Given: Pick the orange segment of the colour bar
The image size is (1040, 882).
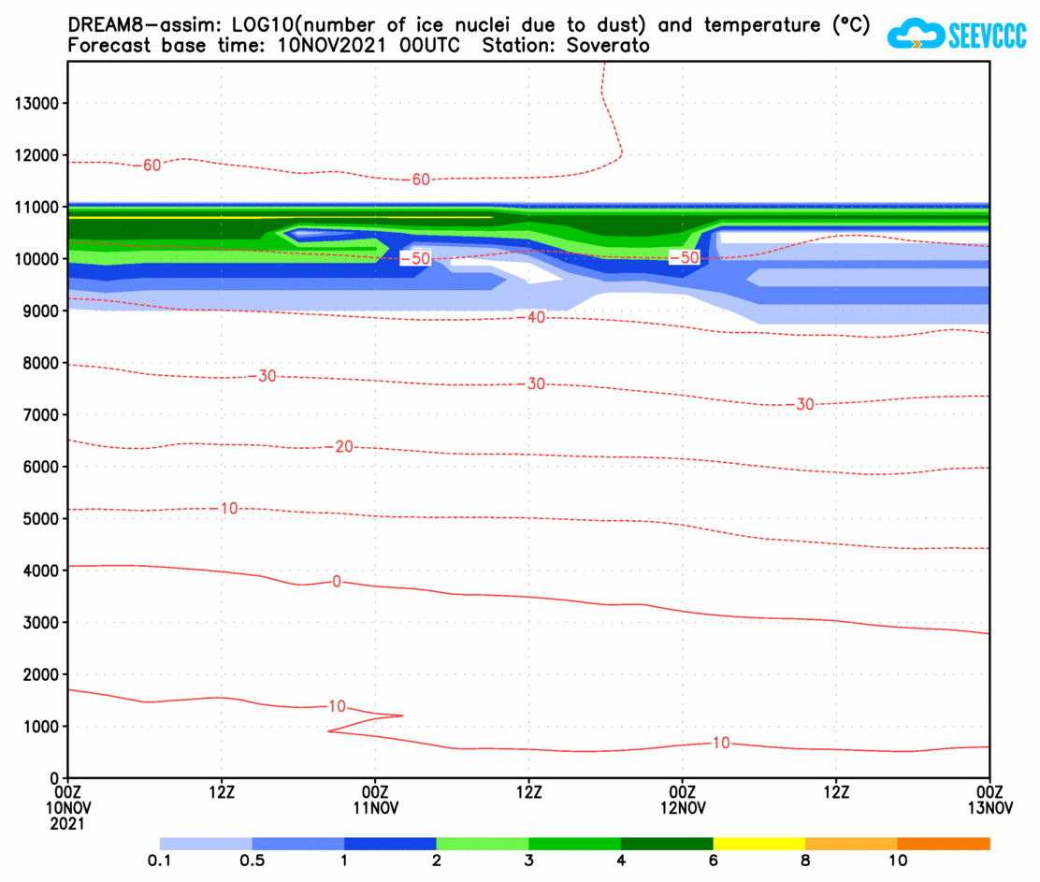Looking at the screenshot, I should tap(943, 844).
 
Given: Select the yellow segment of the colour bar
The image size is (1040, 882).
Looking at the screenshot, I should tap(758, 844).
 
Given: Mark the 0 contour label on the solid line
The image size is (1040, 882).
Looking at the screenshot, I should tap(337, 582).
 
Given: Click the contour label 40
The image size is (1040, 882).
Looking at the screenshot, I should tap(536, 318).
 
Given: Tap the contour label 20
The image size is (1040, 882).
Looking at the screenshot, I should tap(343, 447).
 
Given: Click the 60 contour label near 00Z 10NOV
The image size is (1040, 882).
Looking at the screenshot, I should tap(152, 166).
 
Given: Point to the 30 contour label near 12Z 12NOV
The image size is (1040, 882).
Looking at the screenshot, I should tap(804, 404).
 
